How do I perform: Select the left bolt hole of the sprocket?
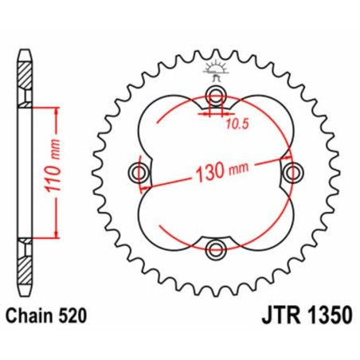click(139, 173)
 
